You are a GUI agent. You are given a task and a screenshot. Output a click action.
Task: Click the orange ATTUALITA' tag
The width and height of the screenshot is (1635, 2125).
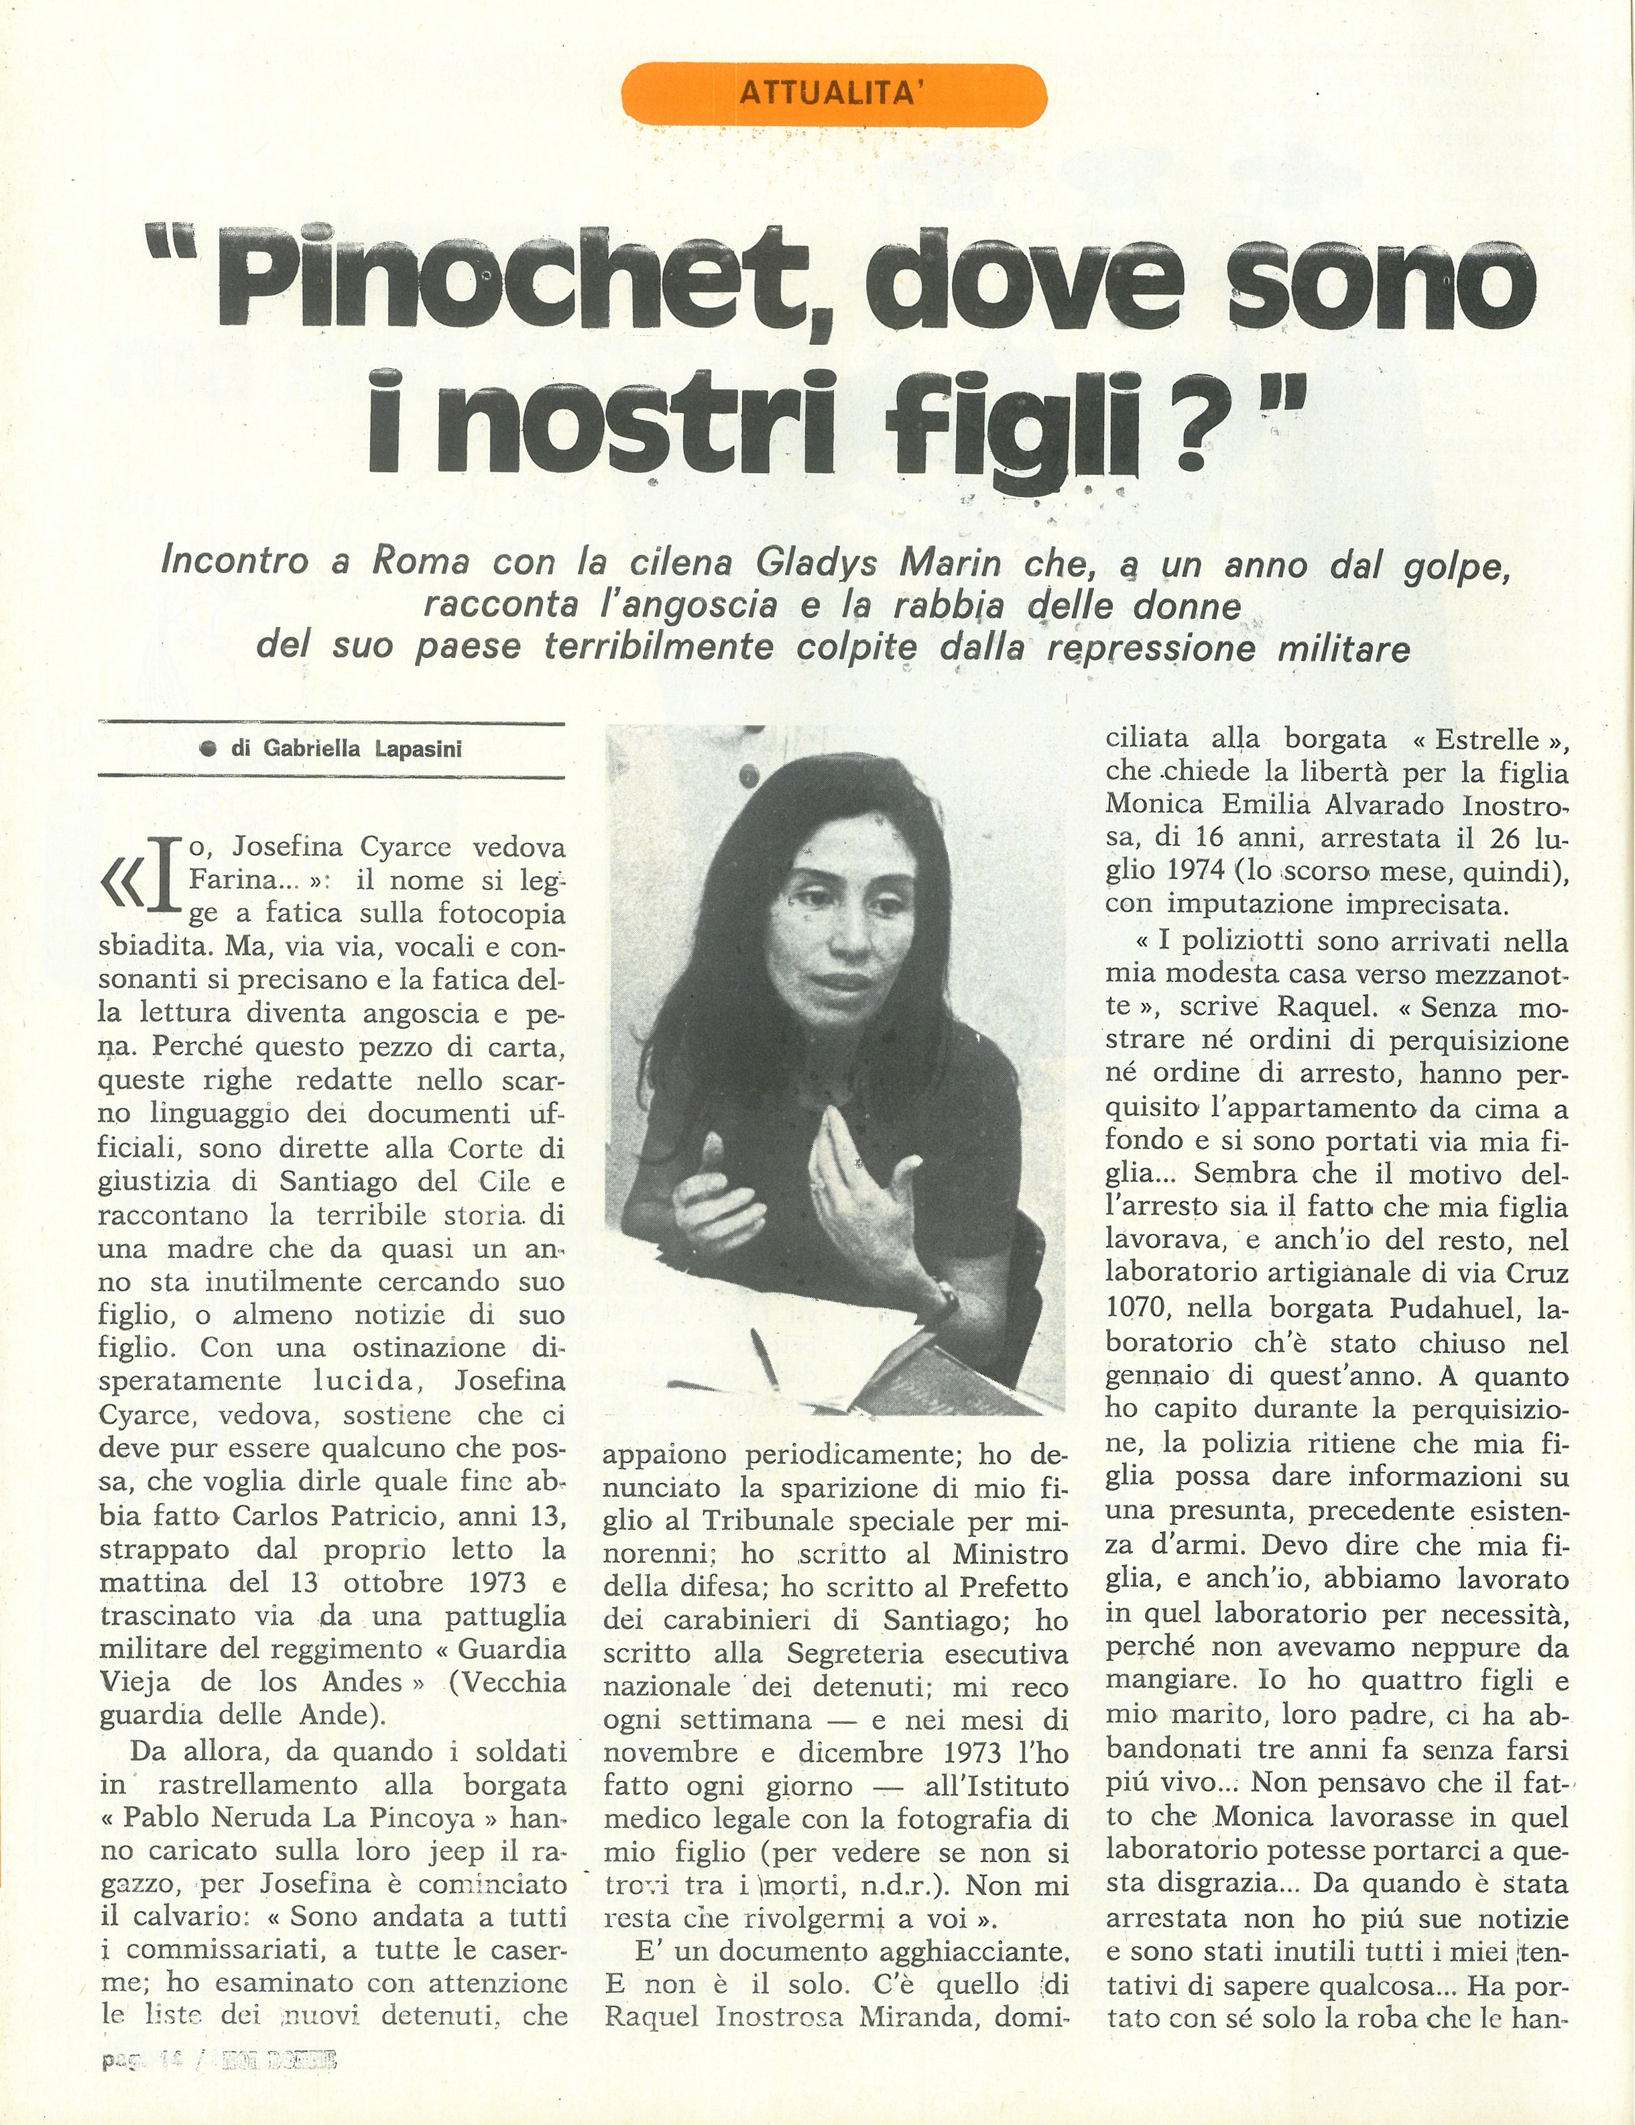(833, 95)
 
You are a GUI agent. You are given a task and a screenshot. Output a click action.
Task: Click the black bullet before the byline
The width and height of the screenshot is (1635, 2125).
(206, 749)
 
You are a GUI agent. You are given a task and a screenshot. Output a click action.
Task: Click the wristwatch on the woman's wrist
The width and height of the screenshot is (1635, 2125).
(945, 1300)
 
